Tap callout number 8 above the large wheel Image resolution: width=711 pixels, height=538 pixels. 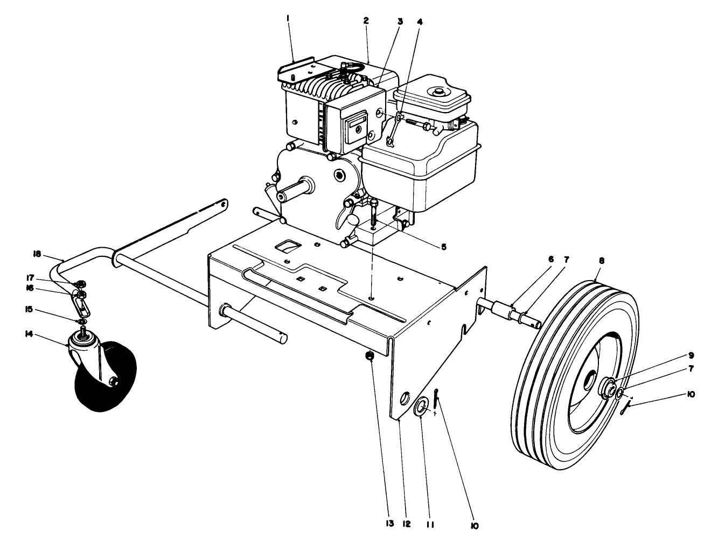tap(601, 260)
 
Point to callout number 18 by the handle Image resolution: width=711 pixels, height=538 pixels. tap(37, 253)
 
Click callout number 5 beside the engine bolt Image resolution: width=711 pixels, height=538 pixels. tap(443, 247)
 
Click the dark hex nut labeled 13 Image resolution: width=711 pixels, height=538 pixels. tap(370, 355)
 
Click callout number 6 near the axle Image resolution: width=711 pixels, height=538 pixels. tap(550, 259)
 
